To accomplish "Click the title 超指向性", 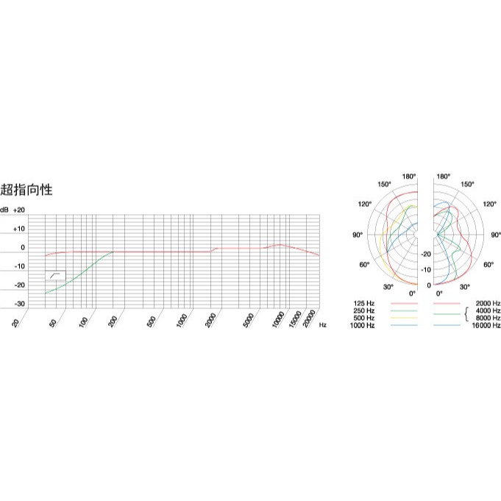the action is coord(26,190).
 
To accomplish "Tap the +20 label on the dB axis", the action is coord(19,210).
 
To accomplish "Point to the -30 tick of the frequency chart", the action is coord(19,304).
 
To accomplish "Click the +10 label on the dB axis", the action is coord(19,229).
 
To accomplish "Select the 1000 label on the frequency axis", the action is coord(182,321).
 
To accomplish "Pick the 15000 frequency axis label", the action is coord(295,319).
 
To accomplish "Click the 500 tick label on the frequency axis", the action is coord(152,321).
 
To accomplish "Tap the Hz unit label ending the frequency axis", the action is coord(323,325).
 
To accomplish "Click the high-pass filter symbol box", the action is coord(55,275).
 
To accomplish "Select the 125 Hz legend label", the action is coord(363,303).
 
